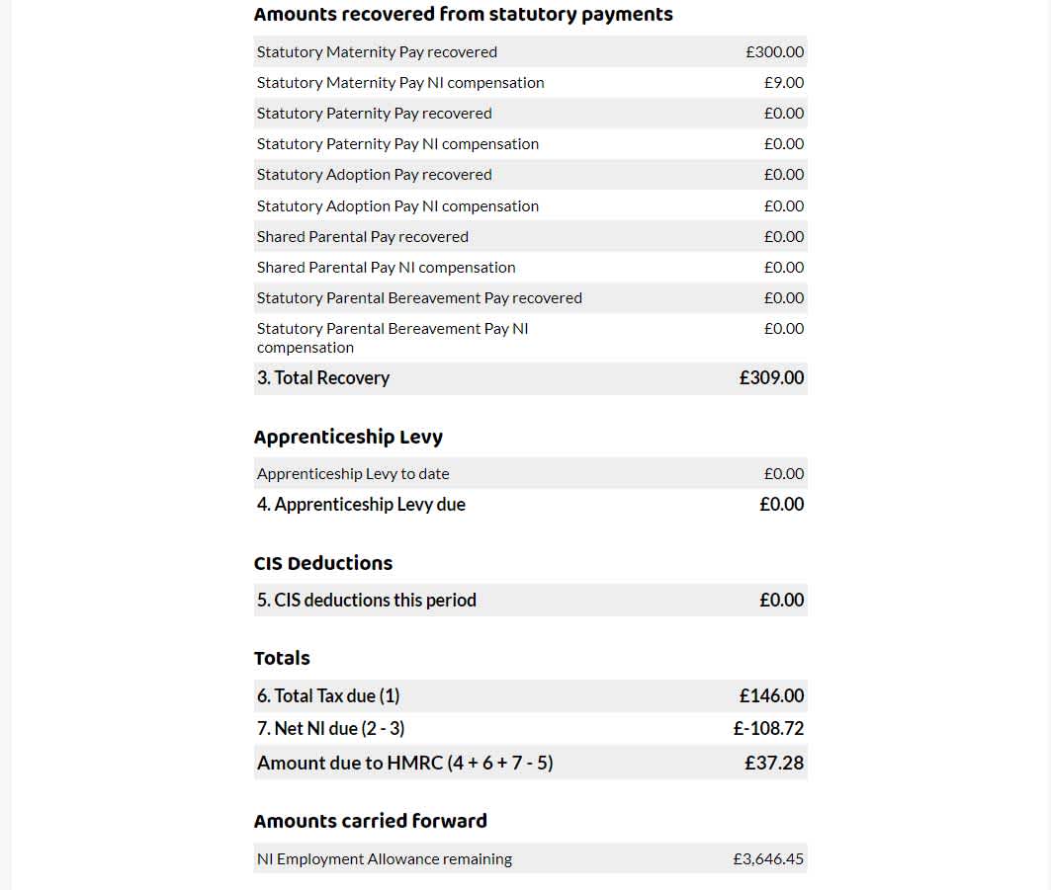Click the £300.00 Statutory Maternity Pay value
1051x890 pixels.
[x=774, y=52]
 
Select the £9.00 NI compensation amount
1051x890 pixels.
[x=783, y=83]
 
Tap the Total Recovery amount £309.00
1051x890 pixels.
[x=771, y=378]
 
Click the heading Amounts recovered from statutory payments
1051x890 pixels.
[x=463, y=14]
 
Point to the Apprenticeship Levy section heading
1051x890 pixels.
[x=348, y=437]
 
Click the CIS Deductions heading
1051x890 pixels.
[x=323, y=563]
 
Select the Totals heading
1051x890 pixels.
[x=282, y=658]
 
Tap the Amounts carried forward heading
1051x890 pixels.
[x=370, y=821]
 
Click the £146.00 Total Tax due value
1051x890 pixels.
[x=771, y=696]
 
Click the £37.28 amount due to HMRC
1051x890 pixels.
[x=774, y=763]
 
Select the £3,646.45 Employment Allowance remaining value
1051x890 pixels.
[x=768, y=859]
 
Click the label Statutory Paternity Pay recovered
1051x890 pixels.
[x=374, y=114]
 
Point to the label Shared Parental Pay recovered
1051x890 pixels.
[x=362, y=237]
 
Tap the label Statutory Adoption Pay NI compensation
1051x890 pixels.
[x=397, y=206]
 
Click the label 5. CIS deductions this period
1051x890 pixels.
[x=366, y=601]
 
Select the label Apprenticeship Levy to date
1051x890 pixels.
[x=353, y=474]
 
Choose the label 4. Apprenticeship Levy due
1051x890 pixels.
[x=361, y=505]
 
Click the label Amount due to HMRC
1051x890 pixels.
[x=404, y=763]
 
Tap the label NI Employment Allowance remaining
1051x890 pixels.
[x=384, y=859]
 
